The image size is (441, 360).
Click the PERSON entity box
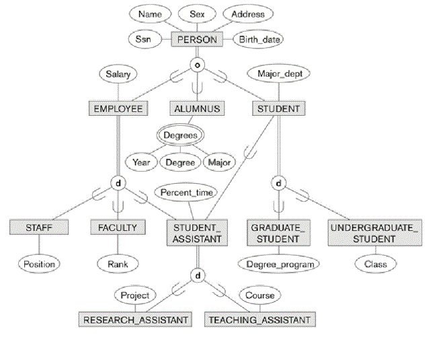197,40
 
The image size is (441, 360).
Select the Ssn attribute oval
143,40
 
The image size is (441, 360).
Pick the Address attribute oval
248,14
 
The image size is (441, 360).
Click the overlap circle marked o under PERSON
197,66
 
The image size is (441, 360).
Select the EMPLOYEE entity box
118,108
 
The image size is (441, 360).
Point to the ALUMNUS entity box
196,108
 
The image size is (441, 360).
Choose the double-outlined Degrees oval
181,135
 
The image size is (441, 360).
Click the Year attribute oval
141,162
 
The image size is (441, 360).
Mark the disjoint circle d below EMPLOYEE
118,182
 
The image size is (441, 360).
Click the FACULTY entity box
118,227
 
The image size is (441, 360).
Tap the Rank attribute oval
118,264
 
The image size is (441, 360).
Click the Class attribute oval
376,264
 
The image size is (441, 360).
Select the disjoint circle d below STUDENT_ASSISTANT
197,275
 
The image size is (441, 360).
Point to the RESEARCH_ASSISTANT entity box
134,319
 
